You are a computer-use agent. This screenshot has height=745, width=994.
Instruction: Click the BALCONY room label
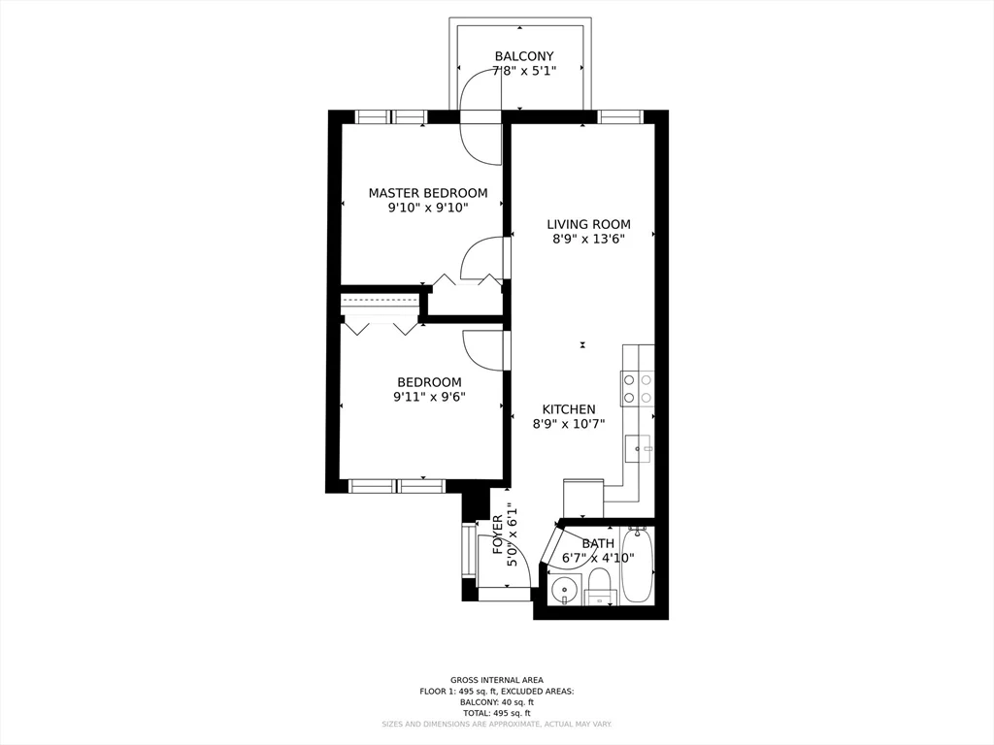(x=524, y=56)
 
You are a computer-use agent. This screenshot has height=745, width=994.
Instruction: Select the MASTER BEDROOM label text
(x=428, y=193)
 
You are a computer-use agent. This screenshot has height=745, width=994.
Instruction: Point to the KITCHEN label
(x=569, y=409)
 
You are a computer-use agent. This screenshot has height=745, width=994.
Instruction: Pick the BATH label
(x=598, y=543)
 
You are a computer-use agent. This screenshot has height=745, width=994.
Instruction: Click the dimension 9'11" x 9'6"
(x=429, y=397)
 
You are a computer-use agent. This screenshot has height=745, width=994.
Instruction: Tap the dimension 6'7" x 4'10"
(x=598, y=558)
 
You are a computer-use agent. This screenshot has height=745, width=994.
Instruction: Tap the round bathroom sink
(x=563, y=588)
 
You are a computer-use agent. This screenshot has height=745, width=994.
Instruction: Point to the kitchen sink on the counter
(x=638, y=448)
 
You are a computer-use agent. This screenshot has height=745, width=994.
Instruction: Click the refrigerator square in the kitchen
(x=583, y=498)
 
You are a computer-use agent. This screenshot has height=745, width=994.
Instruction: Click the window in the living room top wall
(x=620, y=117)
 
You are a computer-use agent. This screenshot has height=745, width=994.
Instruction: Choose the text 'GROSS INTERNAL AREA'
(x=497, y=680)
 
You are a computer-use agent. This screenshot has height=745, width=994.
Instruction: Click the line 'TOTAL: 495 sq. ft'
(x=497, y=713)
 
